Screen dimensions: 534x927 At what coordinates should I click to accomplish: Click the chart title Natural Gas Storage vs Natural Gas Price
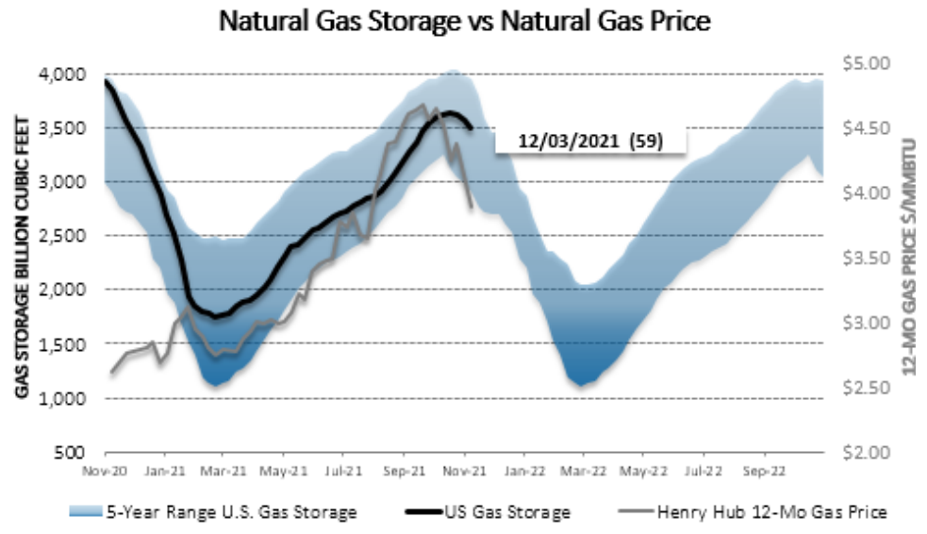pyautogui.click(x=462, y=21)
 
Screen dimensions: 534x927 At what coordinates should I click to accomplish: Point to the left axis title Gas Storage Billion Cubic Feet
pyautogui.click(x=21, y=256)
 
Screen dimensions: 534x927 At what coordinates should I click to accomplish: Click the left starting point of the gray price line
pyautogui.click(x=110, y=373)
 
